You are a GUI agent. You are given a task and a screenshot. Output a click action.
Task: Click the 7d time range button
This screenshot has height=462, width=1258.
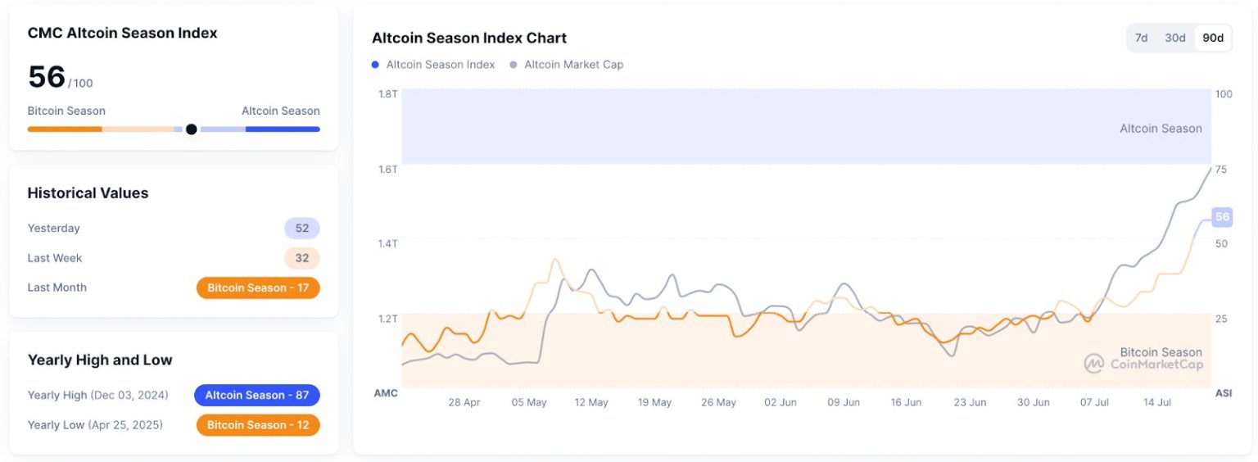coord(1141,38)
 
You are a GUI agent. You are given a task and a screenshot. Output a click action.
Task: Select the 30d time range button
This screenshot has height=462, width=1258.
coord(1175,38)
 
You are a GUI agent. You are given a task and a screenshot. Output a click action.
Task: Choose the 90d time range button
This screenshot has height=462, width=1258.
coord(1213,38)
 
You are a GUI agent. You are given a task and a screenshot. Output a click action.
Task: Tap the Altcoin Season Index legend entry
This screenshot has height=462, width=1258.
coord(433,64)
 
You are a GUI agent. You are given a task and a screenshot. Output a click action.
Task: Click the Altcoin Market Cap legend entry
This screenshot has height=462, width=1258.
coord(567,64)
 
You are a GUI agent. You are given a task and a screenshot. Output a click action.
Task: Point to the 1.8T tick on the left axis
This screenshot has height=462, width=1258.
coord(387,94)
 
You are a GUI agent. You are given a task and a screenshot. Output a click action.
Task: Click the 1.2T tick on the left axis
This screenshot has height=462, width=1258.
coord(387,318)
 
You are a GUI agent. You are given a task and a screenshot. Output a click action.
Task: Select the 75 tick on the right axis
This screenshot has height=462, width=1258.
coord(1221,170)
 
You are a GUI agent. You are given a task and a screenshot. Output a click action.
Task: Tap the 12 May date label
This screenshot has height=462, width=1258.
coord(591,402)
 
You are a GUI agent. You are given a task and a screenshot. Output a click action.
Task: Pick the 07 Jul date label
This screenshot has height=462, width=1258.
coord(1094,402)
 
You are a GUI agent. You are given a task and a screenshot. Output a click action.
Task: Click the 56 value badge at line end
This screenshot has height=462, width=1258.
coord(1222,217)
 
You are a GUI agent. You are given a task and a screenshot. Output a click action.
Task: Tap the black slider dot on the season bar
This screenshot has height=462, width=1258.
coord(192,129)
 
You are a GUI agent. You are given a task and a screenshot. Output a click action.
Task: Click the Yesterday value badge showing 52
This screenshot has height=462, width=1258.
coord(302,229)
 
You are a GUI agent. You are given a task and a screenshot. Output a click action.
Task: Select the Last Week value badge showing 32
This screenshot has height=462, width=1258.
coord(302,258)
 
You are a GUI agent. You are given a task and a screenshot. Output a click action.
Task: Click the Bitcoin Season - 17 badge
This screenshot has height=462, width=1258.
coord(258,288)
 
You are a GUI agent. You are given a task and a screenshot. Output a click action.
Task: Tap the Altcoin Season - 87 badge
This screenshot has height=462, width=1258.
coord(256,395)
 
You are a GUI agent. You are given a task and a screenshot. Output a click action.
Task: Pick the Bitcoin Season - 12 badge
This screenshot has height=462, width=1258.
coord(258,425)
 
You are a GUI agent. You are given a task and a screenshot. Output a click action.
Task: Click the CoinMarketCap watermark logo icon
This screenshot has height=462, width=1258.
coord(1094,364)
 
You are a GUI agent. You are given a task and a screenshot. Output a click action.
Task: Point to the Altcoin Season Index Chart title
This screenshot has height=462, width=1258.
coord(469,38)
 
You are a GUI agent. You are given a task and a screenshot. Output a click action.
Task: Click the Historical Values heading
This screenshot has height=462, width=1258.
coord(88,193)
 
